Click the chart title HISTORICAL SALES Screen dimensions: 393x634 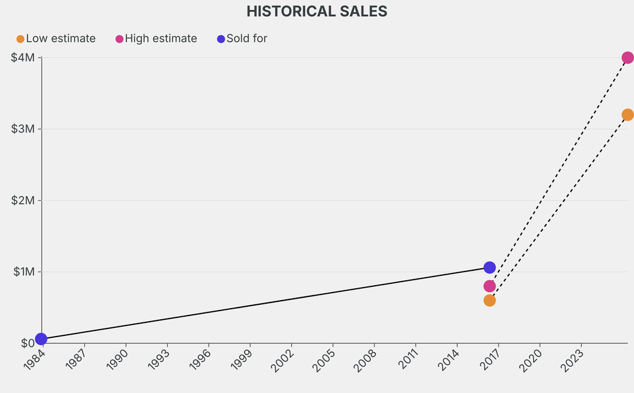[x=316, y=11]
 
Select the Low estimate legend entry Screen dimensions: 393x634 [x=56, y=38]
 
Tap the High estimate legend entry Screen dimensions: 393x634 [x=156, y=38]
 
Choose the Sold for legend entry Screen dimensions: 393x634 [x=242, y=38]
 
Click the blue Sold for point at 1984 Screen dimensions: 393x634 [x=41, y=338]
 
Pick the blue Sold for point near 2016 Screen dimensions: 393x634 [x=490, y=267]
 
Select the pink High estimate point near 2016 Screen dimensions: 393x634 [x=490, y=286]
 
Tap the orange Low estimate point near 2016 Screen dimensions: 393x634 [x=490, y=300]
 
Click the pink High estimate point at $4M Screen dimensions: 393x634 [x=627, y=58]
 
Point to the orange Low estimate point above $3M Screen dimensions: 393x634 [x=627, y=115]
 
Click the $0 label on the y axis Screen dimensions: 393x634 [x=27, y=343]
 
